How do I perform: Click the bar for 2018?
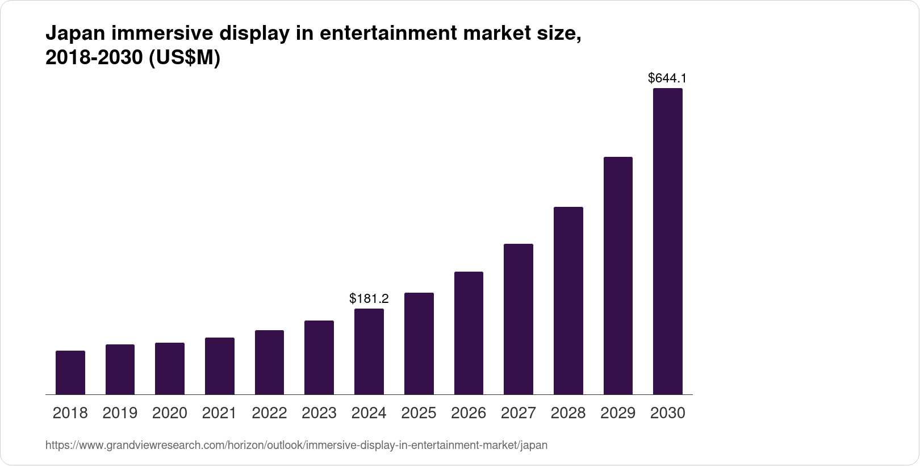(x=70, y=373)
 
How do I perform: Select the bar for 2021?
(x=220, y=366)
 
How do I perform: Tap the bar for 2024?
(x=369, y=352)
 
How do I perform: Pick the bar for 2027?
(x=518, y=319)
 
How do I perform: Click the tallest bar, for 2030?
(x=668, y=242)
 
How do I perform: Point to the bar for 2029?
(x=618, y=276)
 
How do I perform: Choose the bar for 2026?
(x=469, y=333)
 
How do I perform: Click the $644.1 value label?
(x=667, y=78)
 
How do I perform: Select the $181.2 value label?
(x=369, y=298)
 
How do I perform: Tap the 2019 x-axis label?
(x=120, y=413)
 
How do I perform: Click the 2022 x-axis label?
(x=269, y=413)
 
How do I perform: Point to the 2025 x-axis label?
(x=419, y=413)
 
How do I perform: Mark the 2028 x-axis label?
(x=568, y=413)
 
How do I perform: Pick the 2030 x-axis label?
(x=668, y=413)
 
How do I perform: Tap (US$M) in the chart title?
(x=184, y=58)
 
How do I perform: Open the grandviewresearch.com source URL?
(x=296, y=446)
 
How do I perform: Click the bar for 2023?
(x=319, y=357)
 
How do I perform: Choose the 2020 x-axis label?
(x=170, y=413)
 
